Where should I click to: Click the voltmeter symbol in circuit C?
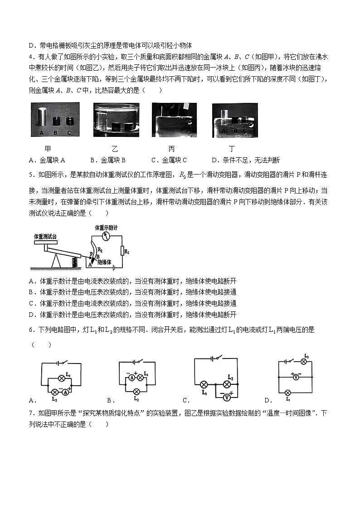pos(226,397)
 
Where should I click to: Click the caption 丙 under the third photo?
pos(171,149)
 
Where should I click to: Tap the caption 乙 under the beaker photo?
pos(114,149)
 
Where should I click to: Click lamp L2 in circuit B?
pos(136,392)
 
